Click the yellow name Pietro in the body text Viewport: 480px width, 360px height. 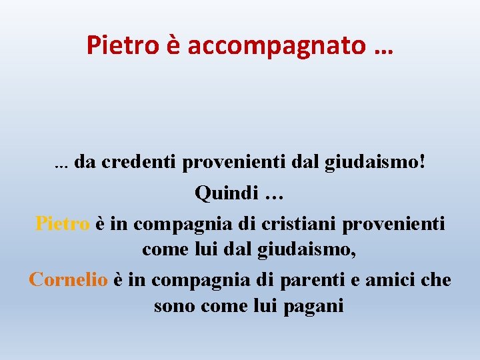click(x=62, y=223)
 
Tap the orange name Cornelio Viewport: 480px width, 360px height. click(x=68, y=279)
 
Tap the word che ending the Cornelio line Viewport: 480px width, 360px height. click(x=437, y=279)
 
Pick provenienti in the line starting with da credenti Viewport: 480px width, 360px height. click(x=230, y=162)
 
